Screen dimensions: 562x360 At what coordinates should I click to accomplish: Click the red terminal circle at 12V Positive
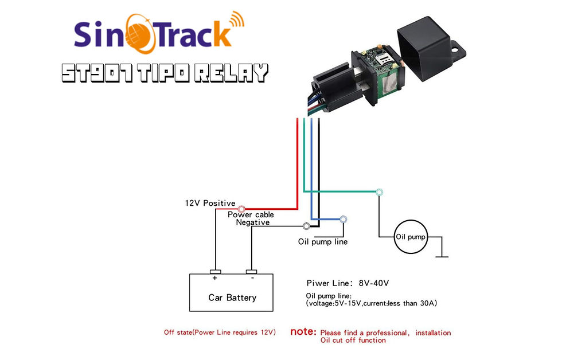click(x=241, y=209)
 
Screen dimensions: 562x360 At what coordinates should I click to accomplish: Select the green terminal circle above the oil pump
click(x=379, y=192)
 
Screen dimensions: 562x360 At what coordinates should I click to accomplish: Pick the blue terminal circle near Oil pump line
click(x=344, y=219)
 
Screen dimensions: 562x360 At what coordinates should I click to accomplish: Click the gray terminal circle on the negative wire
click(x=306, y=226)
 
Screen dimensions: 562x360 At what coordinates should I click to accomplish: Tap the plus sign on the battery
click(x=214, y=278)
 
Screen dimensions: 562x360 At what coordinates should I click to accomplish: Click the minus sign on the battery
click(x=252, y=278)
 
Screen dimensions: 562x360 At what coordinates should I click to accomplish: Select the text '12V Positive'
click(x=210, y=203)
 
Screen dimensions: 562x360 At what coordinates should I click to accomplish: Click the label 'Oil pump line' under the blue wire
click(x=322, y=242)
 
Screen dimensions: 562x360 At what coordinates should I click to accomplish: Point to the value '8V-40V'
click(x=373, y=283)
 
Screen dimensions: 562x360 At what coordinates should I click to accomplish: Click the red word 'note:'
click(x=303, y=331)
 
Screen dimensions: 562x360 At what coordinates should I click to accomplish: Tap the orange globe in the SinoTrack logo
click(x=142, y=34)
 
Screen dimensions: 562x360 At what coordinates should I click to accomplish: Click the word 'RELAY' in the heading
click(x=232, y=73)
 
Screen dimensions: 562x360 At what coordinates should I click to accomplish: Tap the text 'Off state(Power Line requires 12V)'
click(x=220, y=332)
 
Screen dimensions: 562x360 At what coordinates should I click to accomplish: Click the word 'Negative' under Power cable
click(x=253, y=222)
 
